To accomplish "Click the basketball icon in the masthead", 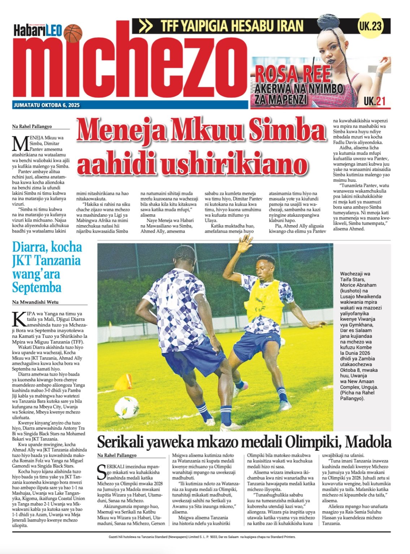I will (73, 33).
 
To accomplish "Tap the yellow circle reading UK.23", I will (370, 26).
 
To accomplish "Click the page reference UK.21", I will (375, 101).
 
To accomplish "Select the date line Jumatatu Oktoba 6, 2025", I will (47, 105).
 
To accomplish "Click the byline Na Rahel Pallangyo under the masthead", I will (32, 127).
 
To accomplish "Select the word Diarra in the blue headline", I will (30, 247).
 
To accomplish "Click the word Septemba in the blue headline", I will (37, 288).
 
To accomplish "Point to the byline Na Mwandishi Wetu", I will (35, 302).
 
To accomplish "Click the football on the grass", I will (126, 407).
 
